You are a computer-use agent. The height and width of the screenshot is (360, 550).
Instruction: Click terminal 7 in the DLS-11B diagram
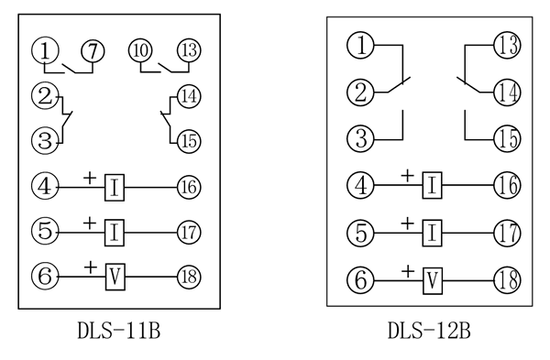click(x=92, y=50)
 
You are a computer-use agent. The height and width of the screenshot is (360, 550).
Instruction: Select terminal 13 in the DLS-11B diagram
click(x=189, y=50)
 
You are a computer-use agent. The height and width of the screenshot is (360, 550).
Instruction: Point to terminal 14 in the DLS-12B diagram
click(x=507, y=91)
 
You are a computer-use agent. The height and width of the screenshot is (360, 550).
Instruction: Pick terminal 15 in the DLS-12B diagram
click(x=507, y=138)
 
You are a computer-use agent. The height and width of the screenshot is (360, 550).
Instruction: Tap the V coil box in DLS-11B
click(x=115, y=275)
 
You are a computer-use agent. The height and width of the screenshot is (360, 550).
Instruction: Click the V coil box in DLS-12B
click(x=432, y=279)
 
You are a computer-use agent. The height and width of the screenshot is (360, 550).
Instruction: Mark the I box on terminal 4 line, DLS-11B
click(x=115, y=188)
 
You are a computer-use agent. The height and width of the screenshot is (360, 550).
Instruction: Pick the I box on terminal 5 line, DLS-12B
click(x=432, y=233)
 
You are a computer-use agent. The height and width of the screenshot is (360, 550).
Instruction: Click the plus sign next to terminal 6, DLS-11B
click(x=90, y=265)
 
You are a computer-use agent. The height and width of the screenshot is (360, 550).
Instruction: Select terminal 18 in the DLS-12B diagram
click(x=507, y=279)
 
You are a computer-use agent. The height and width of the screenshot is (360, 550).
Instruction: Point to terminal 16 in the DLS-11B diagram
click(x=189, y=188)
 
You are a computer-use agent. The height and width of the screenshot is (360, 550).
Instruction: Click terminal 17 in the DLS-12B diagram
click(x=507, y=233)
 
